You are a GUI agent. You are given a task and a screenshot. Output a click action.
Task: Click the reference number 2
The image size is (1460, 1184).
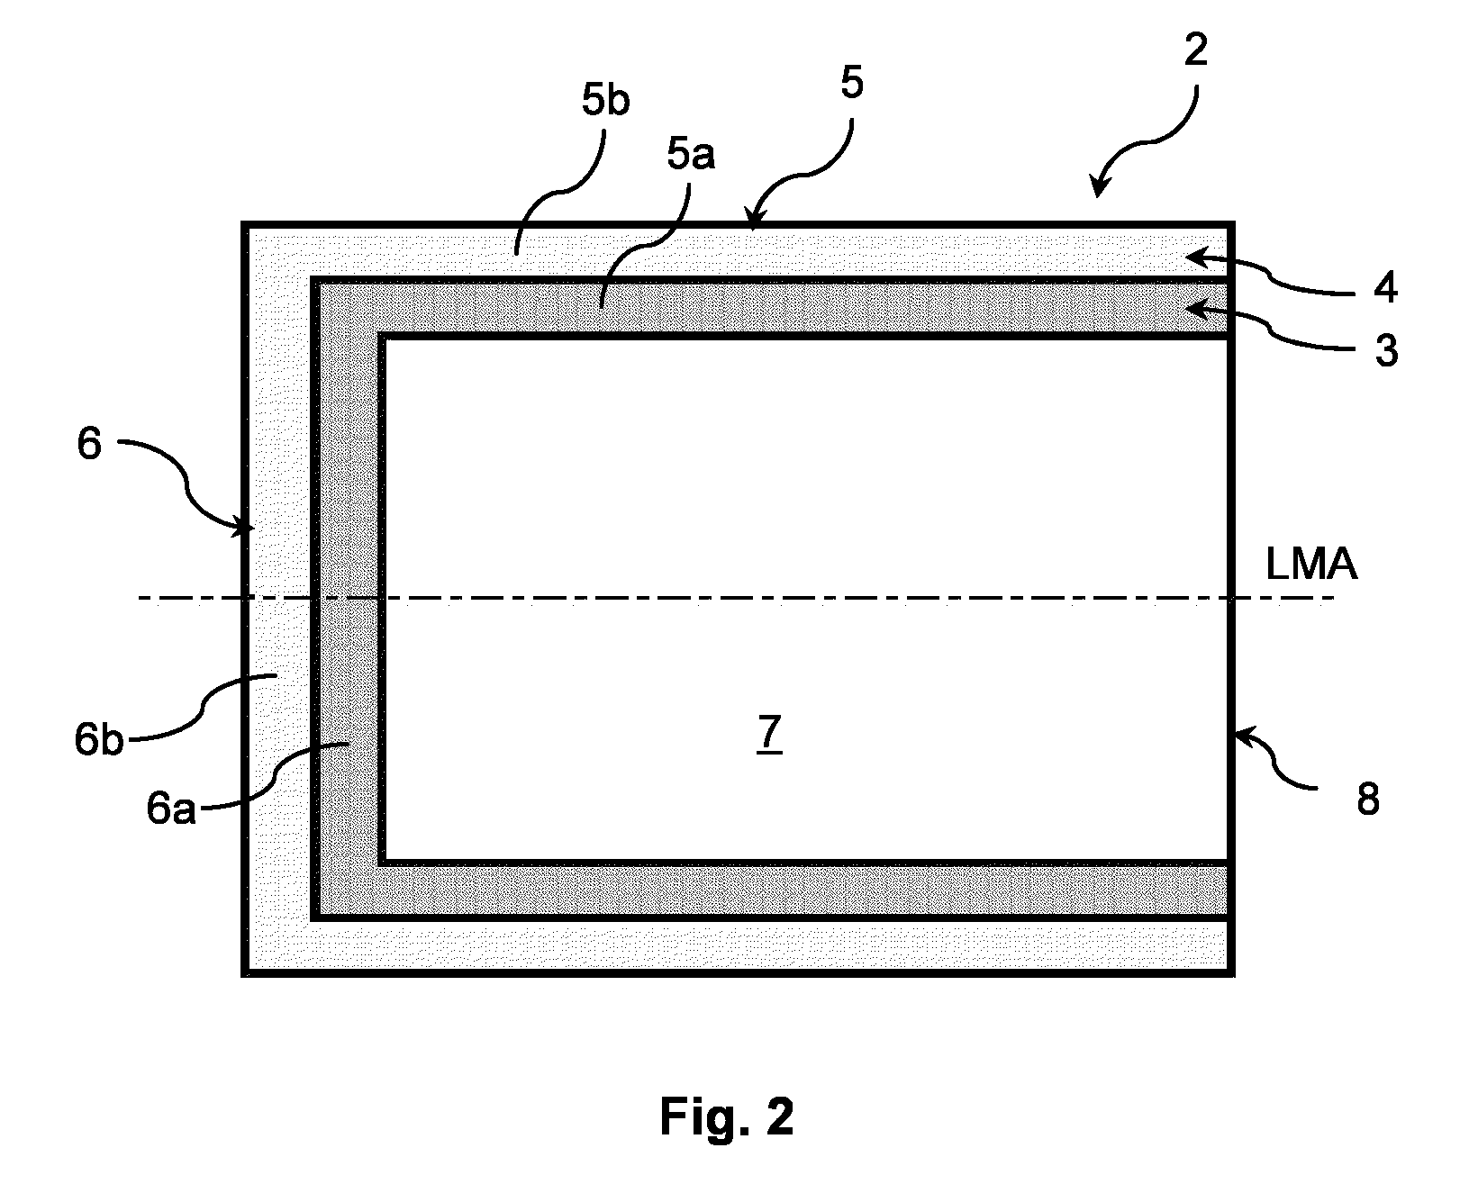point(1196,50)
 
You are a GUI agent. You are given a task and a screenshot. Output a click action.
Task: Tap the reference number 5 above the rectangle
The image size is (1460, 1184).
point(852,83)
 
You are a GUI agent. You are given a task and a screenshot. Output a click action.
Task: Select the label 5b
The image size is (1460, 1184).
point(606,100)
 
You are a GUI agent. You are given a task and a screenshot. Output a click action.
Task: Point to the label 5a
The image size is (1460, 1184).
point(691,154)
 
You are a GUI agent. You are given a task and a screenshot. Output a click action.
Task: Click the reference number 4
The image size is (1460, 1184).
point(1385,288)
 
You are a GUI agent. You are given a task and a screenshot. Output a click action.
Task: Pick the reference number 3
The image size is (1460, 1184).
point(1386,351)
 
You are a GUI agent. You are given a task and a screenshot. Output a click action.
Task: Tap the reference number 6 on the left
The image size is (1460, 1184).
point(89,443)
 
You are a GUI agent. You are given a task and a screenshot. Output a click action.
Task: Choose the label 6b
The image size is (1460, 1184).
point(99,740)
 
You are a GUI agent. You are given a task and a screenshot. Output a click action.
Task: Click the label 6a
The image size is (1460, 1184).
point(171,809)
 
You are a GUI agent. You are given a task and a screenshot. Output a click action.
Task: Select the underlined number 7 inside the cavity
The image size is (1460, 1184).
point(769,733)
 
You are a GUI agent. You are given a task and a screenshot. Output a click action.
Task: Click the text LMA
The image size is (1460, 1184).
point(1310,565)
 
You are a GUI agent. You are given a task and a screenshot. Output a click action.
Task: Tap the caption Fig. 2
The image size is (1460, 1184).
point(727,1116)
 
